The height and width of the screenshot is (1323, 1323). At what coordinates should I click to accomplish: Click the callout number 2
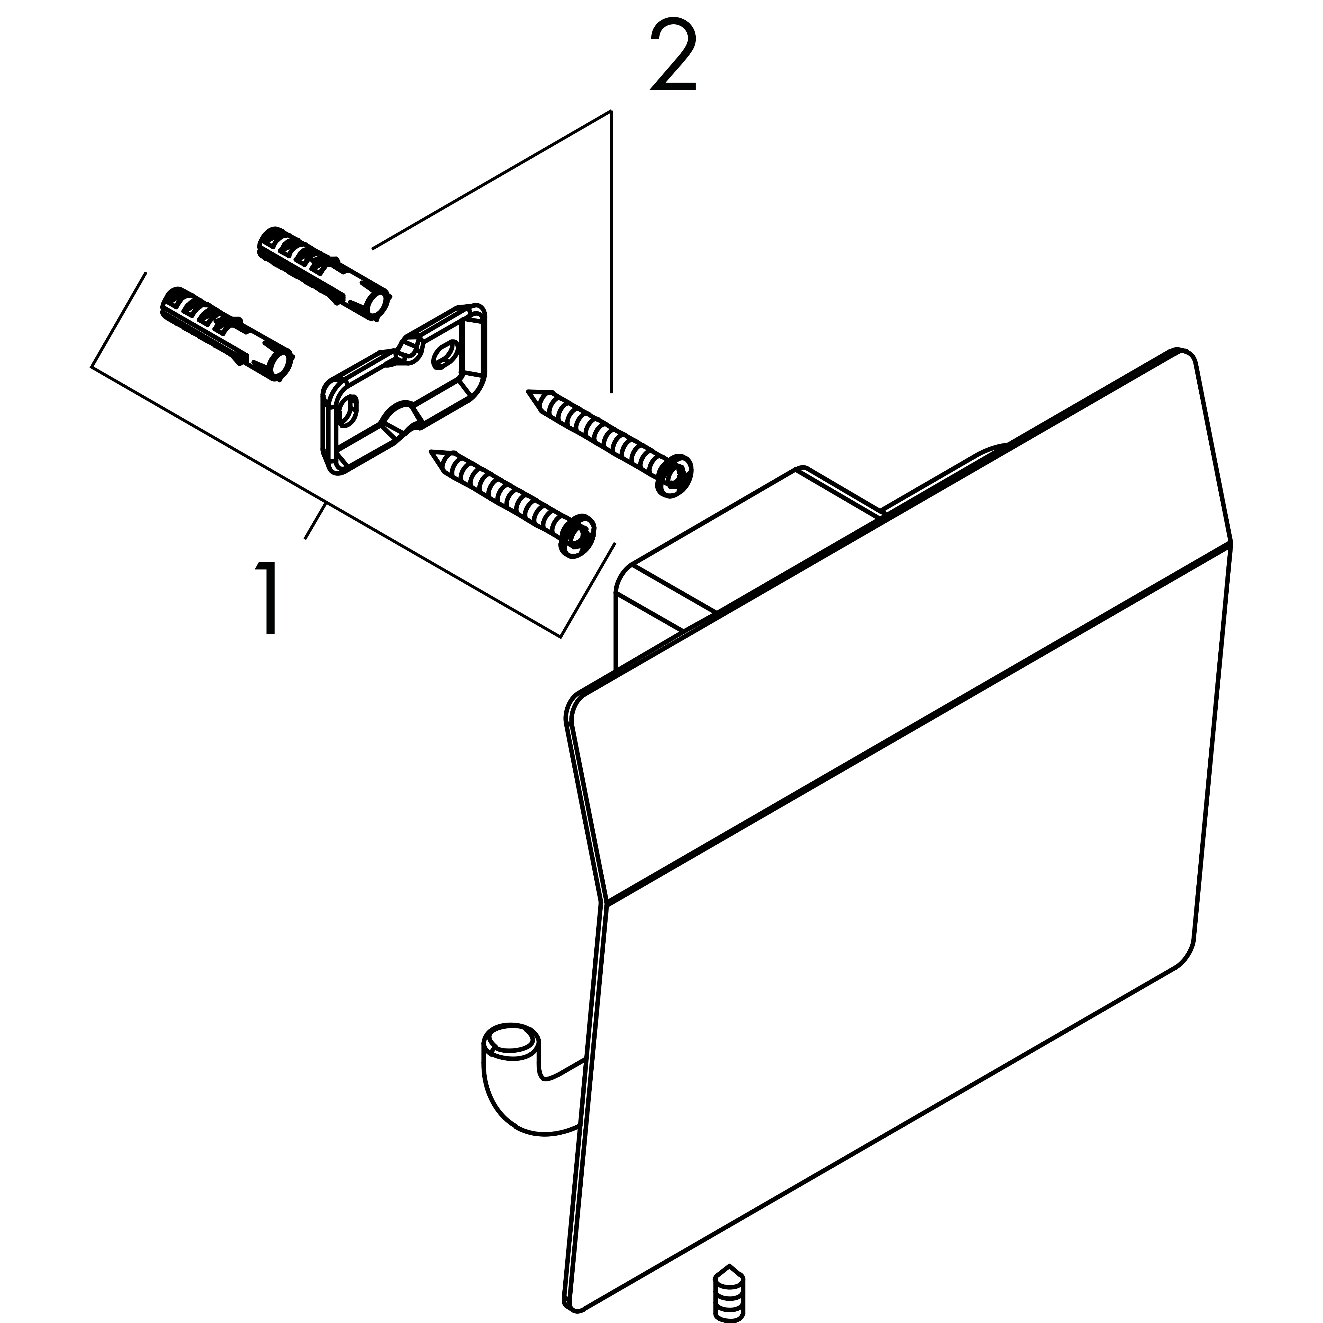673,55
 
